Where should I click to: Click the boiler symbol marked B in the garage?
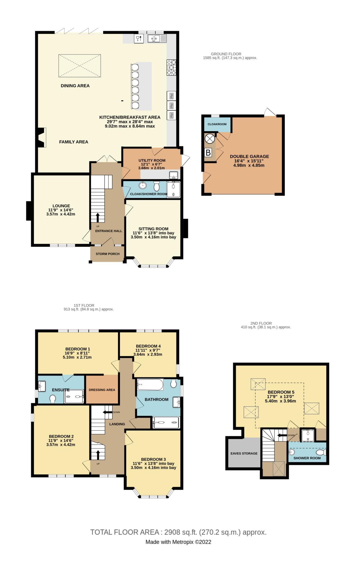pos(208,153)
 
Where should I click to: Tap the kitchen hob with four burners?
pos(171,67)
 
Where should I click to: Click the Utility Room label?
pos(152,160)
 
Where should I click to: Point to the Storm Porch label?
pos(108,254)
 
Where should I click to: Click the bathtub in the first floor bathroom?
pos(150,384)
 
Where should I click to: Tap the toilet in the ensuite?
pos(52,399)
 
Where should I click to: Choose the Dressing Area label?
pos(102,390)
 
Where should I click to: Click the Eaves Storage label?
pos(244,453)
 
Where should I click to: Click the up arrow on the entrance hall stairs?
pos(98,217)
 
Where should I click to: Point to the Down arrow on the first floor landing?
pos(107,412)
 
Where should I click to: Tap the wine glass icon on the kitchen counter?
pos(138,39)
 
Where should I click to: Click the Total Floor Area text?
pos(178,532)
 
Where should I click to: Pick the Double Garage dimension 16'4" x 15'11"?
pos(249,161)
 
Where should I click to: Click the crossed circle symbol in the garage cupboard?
pos(210,138)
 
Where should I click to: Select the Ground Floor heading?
pos(226,54)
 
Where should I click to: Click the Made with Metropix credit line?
pos(178,542)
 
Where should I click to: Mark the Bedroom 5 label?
pos(281,392)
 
